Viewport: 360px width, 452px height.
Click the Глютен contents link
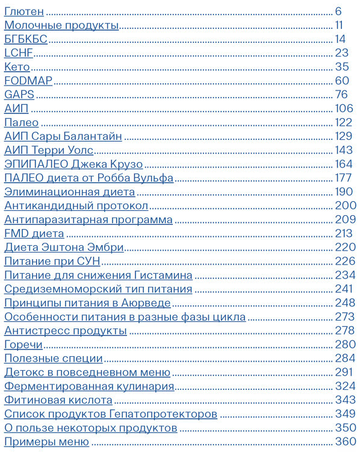24,11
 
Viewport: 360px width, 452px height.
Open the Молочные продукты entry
61,25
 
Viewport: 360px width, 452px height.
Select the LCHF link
18,53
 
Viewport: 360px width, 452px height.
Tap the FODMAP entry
28,81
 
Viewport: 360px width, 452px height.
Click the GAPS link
19,95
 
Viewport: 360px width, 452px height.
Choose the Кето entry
17,67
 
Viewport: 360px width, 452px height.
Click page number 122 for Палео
344,122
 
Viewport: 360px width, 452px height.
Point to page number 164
344,164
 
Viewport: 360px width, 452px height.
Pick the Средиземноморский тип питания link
98,289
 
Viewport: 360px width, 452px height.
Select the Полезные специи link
54,359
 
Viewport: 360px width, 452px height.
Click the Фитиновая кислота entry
58,400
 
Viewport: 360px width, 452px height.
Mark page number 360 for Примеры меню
346,442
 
